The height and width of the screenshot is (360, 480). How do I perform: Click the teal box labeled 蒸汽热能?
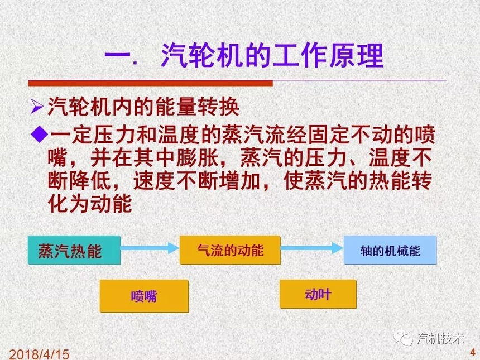74,250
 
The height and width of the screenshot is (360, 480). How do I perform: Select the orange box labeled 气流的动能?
230,250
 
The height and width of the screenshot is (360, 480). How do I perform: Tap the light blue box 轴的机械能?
390,250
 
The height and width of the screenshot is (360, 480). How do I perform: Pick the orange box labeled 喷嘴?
144,296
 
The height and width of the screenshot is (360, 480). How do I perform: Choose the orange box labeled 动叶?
318,294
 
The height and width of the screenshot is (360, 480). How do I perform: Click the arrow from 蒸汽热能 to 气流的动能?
150,248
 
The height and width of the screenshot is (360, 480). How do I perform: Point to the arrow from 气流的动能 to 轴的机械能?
312,248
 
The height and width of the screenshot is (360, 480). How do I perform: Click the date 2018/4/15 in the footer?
39,354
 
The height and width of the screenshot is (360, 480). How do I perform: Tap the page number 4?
473,352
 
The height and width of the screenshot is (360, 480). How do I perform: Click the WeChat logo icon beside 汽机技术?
403,338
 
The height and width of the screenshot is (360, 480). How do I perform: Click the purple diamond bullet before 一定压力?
40,135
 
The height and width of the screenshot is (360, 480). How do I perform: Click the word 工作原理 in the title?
327,55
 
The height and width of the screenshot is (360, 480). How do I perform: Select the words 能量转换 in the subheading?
198,107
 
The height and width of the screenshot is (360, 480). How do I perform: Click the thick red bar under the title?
150,83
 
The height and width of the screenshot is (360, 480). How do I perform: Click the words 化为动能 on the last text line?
90,203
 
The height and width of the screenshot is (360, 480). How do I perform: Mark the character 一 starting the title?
118,56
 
